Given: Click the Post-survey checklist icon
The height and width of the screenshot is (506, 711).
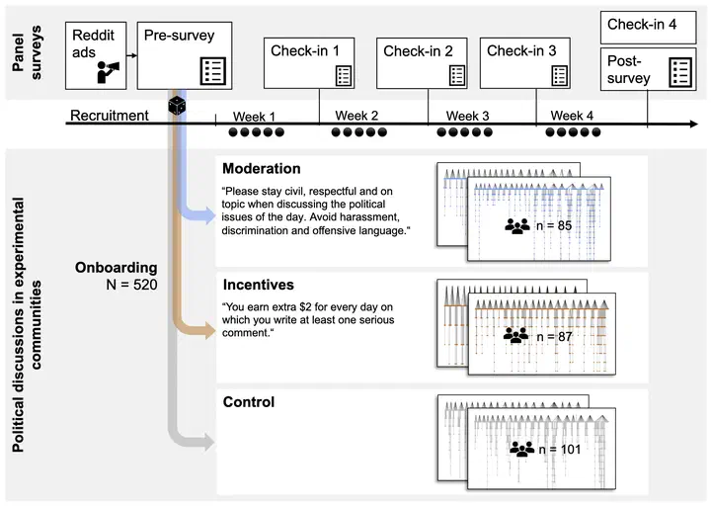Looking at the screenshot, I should (679, 71).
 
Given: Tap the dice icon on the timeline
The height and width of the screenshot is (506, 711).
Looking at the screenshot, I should (176, 106).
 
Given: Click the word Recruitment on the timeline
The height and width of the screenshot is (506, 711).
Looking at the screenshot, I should (110, 116).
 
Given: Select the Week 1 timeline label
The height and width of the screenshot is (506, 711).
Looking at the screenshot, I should (255, 116).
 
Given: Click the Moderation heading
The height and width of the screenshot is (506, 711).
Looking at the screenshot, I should (261, 169).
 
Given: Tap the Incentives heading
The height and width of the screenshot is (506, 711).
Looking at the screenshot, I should (258, 286).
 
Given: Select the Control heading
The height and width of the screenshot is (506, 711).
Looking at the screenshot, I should (248, 402).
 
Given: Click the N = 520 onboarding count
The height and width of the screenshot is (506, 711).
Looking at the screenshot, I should (118, 286).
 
